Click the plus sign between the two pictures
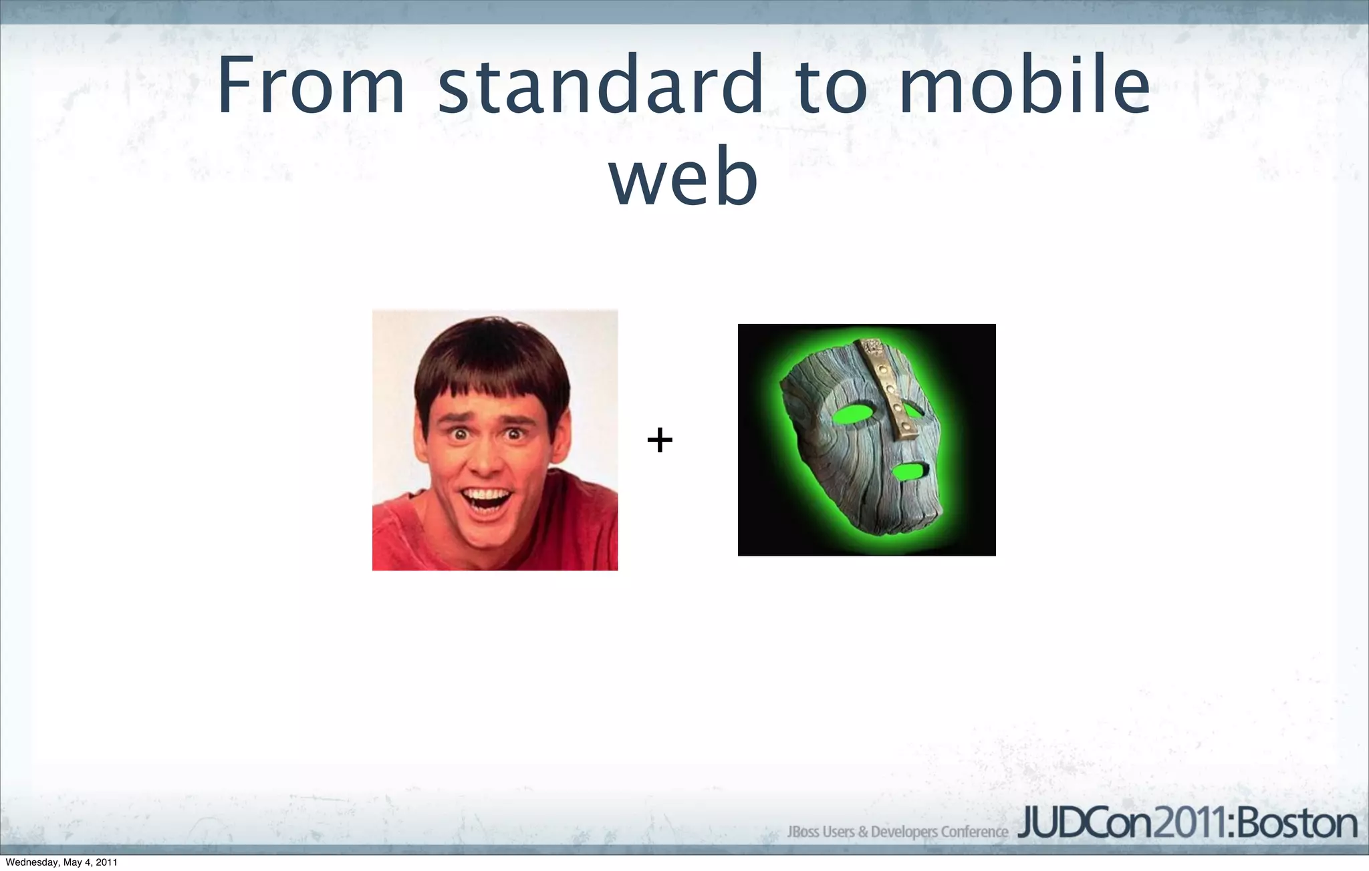coord(660,440)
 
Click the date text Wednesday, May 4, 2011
coord(61,862)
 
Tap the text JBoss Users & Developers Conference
coord(897,832)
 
